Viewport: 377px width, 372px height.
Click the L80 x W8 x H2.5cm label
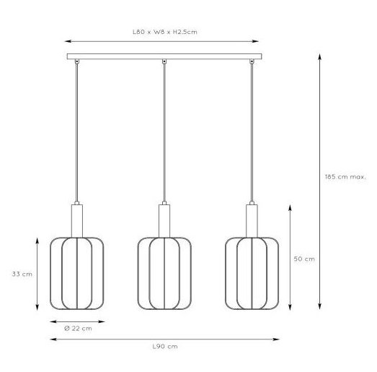[x=165, y=32]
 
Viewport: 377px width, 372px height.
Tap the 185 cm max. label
[x=345, y=177]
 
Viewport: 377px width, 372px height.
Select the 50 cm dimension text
[x=304, y=259]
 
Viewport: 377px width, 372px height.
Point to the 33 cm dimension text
[x=22, y=274]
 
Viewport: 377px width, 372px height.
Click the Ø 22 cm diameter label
[x=78, y=329]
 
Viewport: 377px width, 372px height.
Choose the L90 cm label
[x=165, y=347]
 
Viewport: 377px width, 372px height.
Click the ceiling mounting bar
[x=164, y=56]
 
